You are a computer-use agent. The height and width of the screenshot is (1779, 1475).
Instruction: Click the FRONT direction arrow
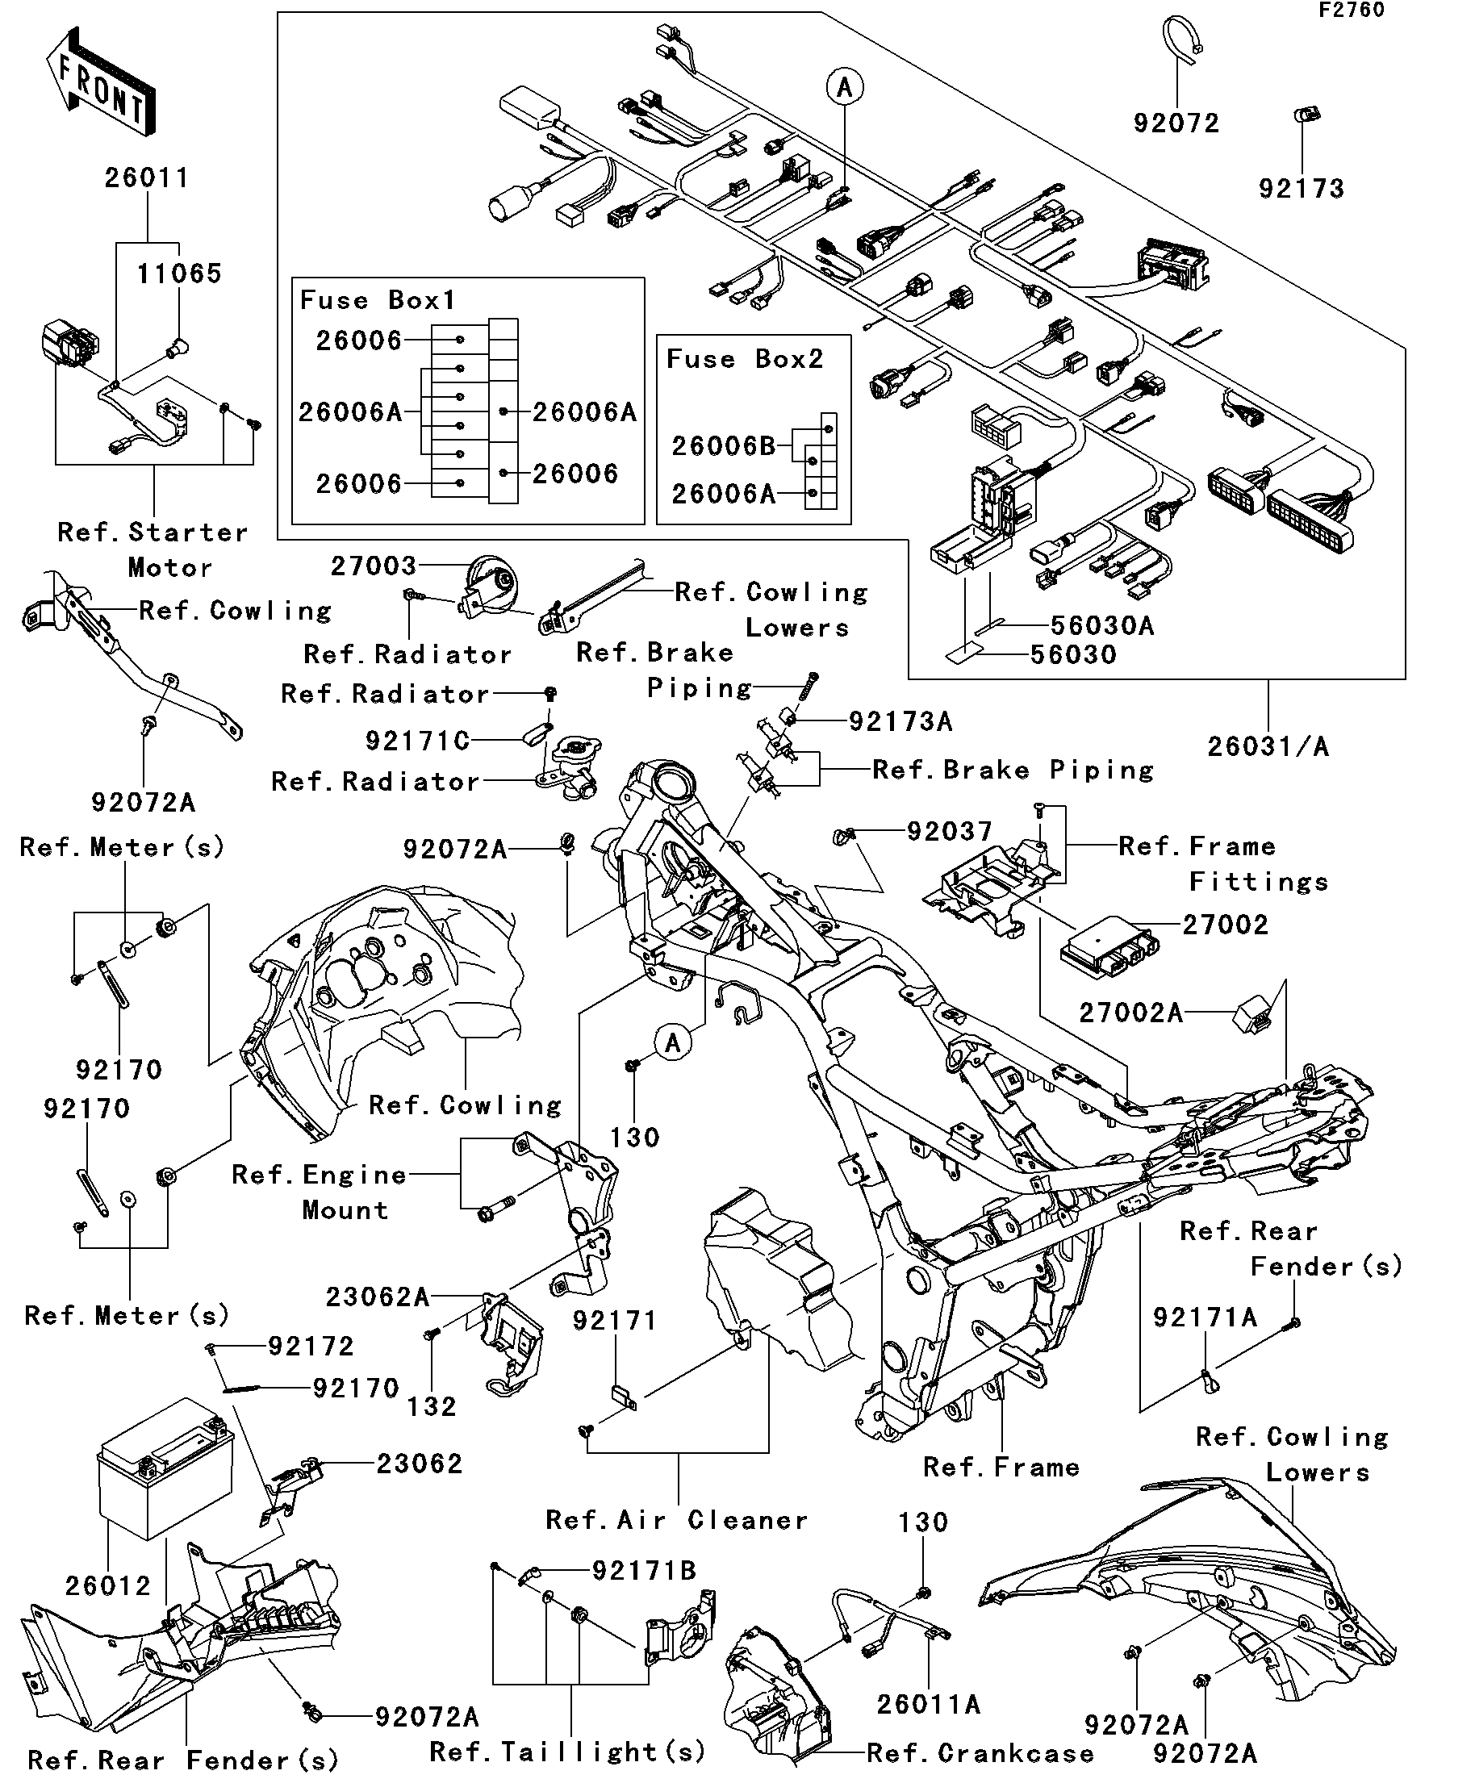pyautogui.click(x=100, y=82)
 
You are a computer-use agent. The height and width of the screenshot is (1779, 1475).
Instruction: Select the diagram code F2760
pyautogui.click(x=1352, y=10)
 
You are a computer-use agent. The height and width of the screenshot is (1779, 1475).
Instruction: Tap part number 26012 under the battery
pyautogui.click(x=107, y=1586)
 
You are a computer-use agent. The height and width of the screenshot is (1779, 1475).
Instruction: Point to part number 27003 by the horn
pyautogui.click(x=374, y=566)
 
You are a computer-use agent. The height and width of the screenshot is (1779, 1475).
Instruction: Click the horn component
pyautogui.click(x=491, y=584)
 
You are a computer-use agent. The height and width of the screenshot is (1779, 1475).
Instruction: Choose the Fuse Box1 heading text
pyautogui.click(x=378, y=300)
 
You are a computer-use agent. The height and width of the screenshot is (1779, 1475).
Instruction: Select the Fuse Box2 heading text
pyautogui.click(x=745, y=359)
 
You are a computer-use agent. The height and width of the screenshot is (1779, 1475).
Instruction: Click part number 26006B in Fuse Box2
pyautogui.click(x=724, y=446)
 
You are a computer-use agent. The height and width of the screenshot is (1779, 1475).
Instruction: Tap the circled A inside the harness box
pyautogui.click(x=845, y=87)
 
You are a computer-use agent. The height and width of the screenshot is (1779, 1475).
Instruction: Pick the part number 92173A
pyautogui.click(x=900, y=722)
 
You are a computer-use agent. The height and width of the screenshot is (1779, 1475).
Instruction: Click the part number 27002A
pyautogui.click(x=1130, y=1013)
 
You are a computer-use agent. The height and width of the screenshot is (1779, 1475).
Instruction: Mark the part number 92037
pyautogui.click(x=949, y=832)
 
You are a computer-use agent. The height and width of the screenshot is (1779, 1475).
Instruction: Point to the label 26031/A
pyautogui.click(x=1268, y=747)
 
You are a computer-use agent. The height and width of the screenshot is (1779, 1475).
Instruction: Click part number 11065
pyautogui.click(x=180, y=274)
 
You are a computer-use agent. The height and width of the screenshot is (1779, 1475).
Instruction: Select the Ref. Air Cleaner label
pyautogui.click(x=677, y=1521)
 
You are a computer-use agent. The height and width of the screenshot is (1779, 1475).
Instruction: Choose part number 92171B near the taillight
pyautogui.click(x=644, y=1571)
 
